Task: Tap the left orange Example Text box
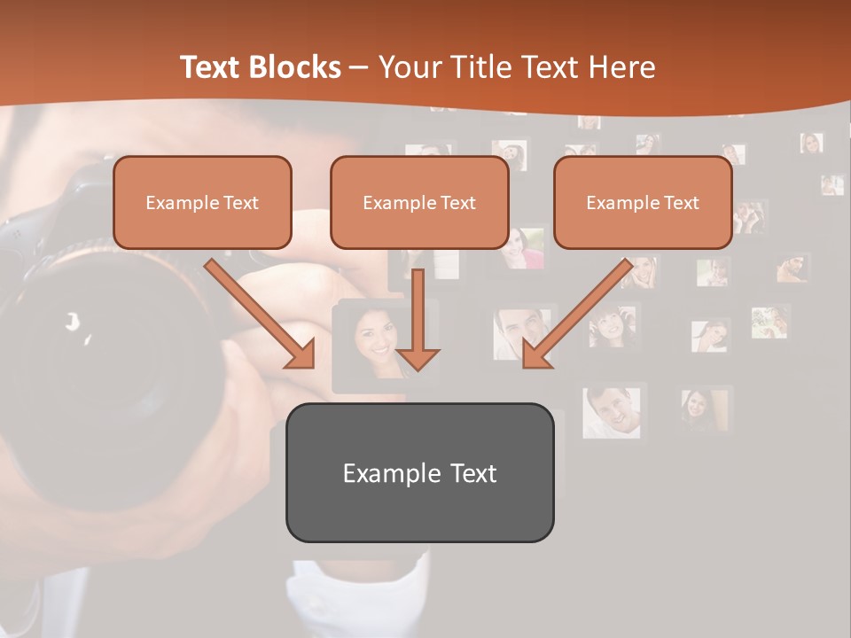[202, 202]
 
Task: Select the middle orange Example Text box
[419, 202]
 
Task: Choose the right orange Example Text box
[643, 202]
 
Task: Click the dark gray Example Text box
[419, 472]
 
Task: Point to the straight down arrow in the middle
[418, 319]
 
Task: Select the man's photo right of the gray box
[612, 410]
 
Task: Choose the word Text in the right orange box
[681, 203]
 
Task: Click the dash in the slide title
[359, 68]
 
